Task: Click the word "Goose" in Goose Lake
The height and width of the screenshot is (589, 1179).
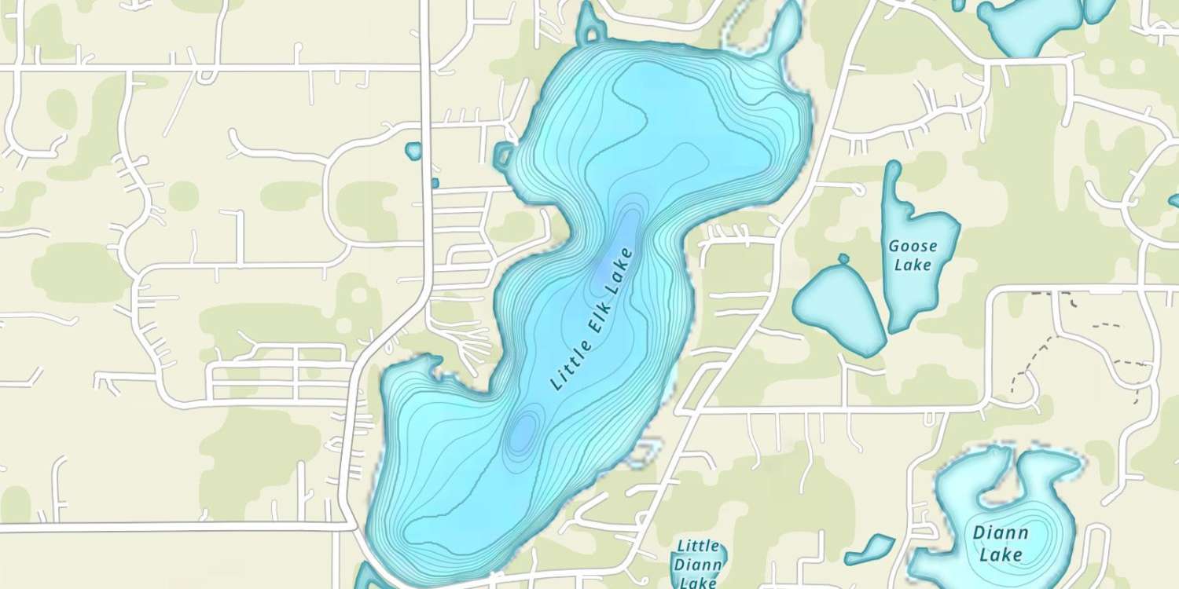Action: (913, 246)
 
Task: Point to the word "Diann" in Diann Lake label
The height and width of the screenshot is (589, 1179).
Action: (1000, 533)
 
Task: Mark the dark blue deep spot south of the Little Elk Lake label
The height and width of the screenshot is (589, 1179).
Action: (522, 430)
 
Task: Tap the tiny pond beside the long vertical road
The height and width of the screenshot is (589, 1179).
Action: (413, 151)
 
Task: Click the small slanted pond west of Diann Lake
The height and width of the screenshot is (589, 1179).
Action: (870, 549)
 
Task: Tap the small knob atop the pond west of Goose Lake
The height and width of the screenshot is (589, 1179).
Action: (843, 258)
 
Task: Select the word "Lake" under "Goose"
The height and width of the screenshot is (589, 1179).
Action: (913, 264)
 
